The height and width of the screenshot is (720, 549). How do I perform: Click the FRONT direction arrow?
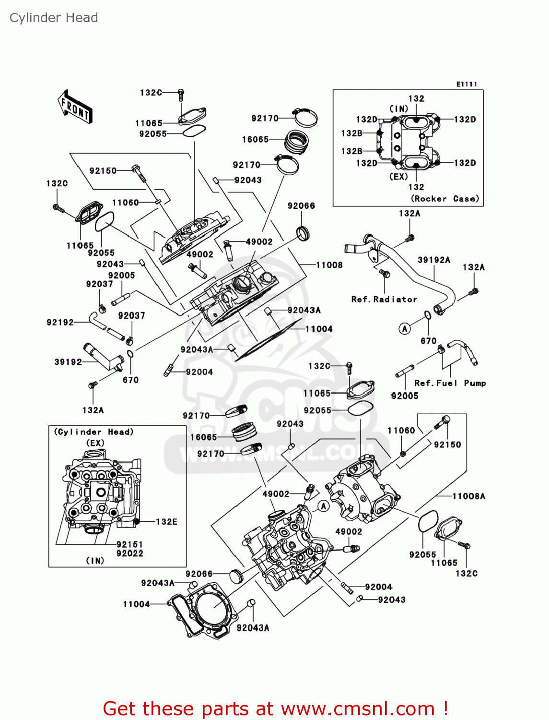point(75,107)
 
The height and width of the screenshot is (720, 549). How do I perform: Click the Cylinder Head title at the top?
point(54,18)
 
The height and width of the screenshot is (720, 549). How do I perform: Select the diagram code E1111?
point(466,84)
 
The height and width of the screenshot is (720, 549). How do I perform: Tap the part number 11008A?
point(468,496)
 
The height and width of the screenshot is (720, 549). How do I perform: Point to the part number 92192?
point(60,322)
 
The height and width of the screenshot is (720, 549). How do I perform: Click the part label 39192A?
point(434,260)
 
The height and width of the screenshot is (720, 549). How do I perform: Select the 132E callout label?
point(166,522)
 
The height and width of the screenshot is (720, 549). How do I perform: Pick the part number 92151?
point(129,544)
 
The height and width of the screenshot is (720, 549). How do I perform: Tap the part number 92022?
point(129,553)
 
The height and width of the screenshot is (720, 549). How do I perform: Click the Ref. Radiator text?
point(384,299)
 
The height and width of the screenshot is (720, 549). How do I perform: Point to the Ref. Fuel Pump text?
point(450,383)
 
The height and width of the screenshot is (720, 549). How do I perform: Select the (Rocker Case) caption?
point(444,199)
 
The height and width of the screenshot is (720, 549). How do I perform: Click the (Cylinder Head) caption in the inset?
point(93,432)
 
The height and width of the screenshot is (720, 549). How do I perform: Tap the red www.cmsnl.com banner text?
point(276,708)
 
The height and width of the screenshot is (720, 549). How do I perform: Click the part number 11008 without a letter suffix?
point(329,264)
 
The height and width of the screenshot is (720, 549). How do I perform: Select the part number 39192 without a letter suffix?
point(68,362)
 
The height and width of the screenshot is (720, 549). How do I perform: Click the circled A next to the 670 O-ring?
point(405,329)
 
